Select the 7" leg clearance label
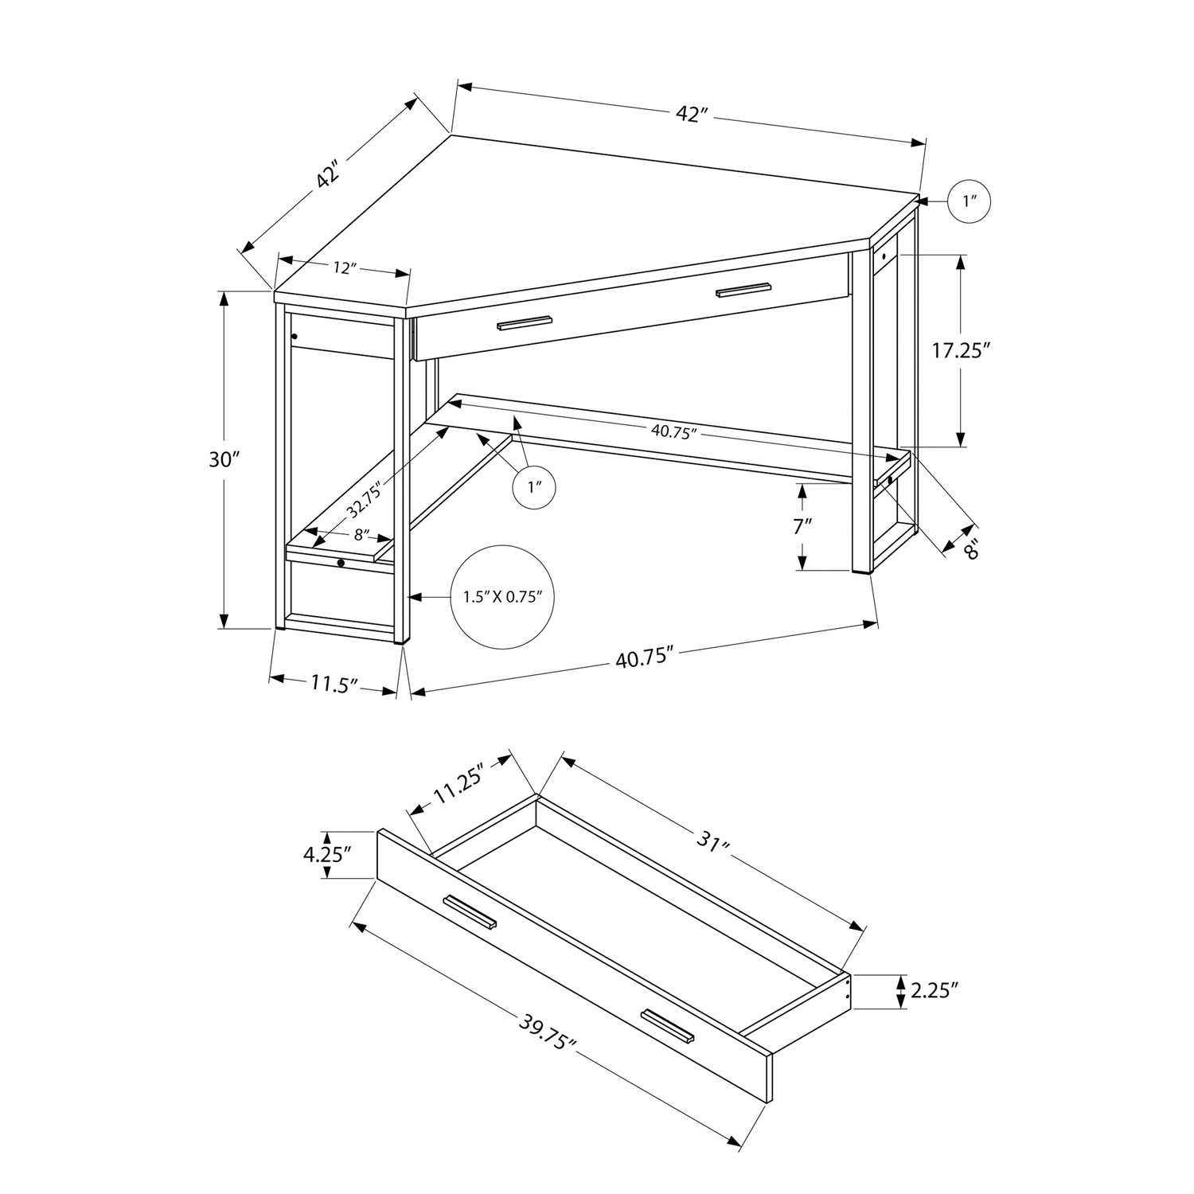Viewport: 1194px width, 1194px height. (x=802, y=525)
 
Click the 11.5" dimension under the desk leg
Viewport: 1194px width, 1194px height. (x=333, y=685)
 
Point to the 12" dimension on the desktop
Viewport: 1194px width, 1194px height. (x=342, y=268)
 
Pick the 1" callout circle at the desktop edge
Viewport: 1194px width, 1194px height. (x=970, y=202)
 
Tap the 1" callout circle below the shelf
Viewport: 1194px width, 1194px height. (x=532, y=486)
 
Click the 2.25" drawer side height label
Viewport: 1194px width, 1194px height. (x=933, y=991)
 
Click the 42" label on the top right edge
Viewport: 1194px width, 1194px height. (x=692, y=114)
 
